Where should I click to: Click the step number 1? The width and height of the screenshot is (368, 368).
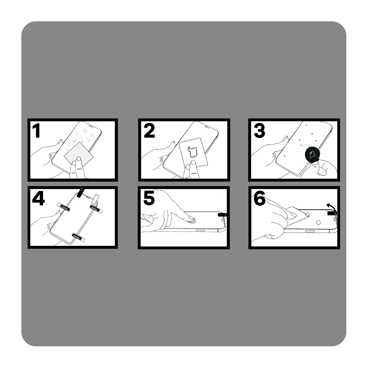[x=36, y=131]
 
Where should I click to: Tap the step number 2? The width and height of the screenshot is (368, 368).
[x=149, y=131]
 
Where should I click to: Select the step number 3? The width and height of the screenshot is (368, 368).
[x=259, y=131]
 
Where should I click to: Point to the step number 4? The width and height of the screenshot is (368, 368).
[x=38, y=198]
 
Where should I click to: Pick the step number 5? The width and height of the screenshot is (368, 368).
[x=149, y=198]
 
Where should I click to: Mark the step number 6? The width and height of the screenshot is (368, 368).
[x=259, y=198]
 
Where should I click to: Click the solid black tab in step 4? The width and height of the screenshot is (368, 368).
[x=80, y=192]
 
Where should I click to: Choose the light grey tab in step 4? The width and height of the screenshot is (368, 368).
[x=96, y=199]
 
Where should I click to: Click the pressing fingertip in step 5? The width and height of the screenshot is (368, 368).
[x=189, y=219]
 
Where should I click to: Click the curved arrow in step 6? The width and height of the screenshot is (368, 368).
[x=330, y=206]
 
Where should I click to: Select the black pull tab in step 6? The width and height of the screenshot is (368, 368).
[x=332, y=213]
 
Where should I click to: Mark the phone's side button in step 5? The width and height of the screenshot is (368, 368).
[x=200, y=230]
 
